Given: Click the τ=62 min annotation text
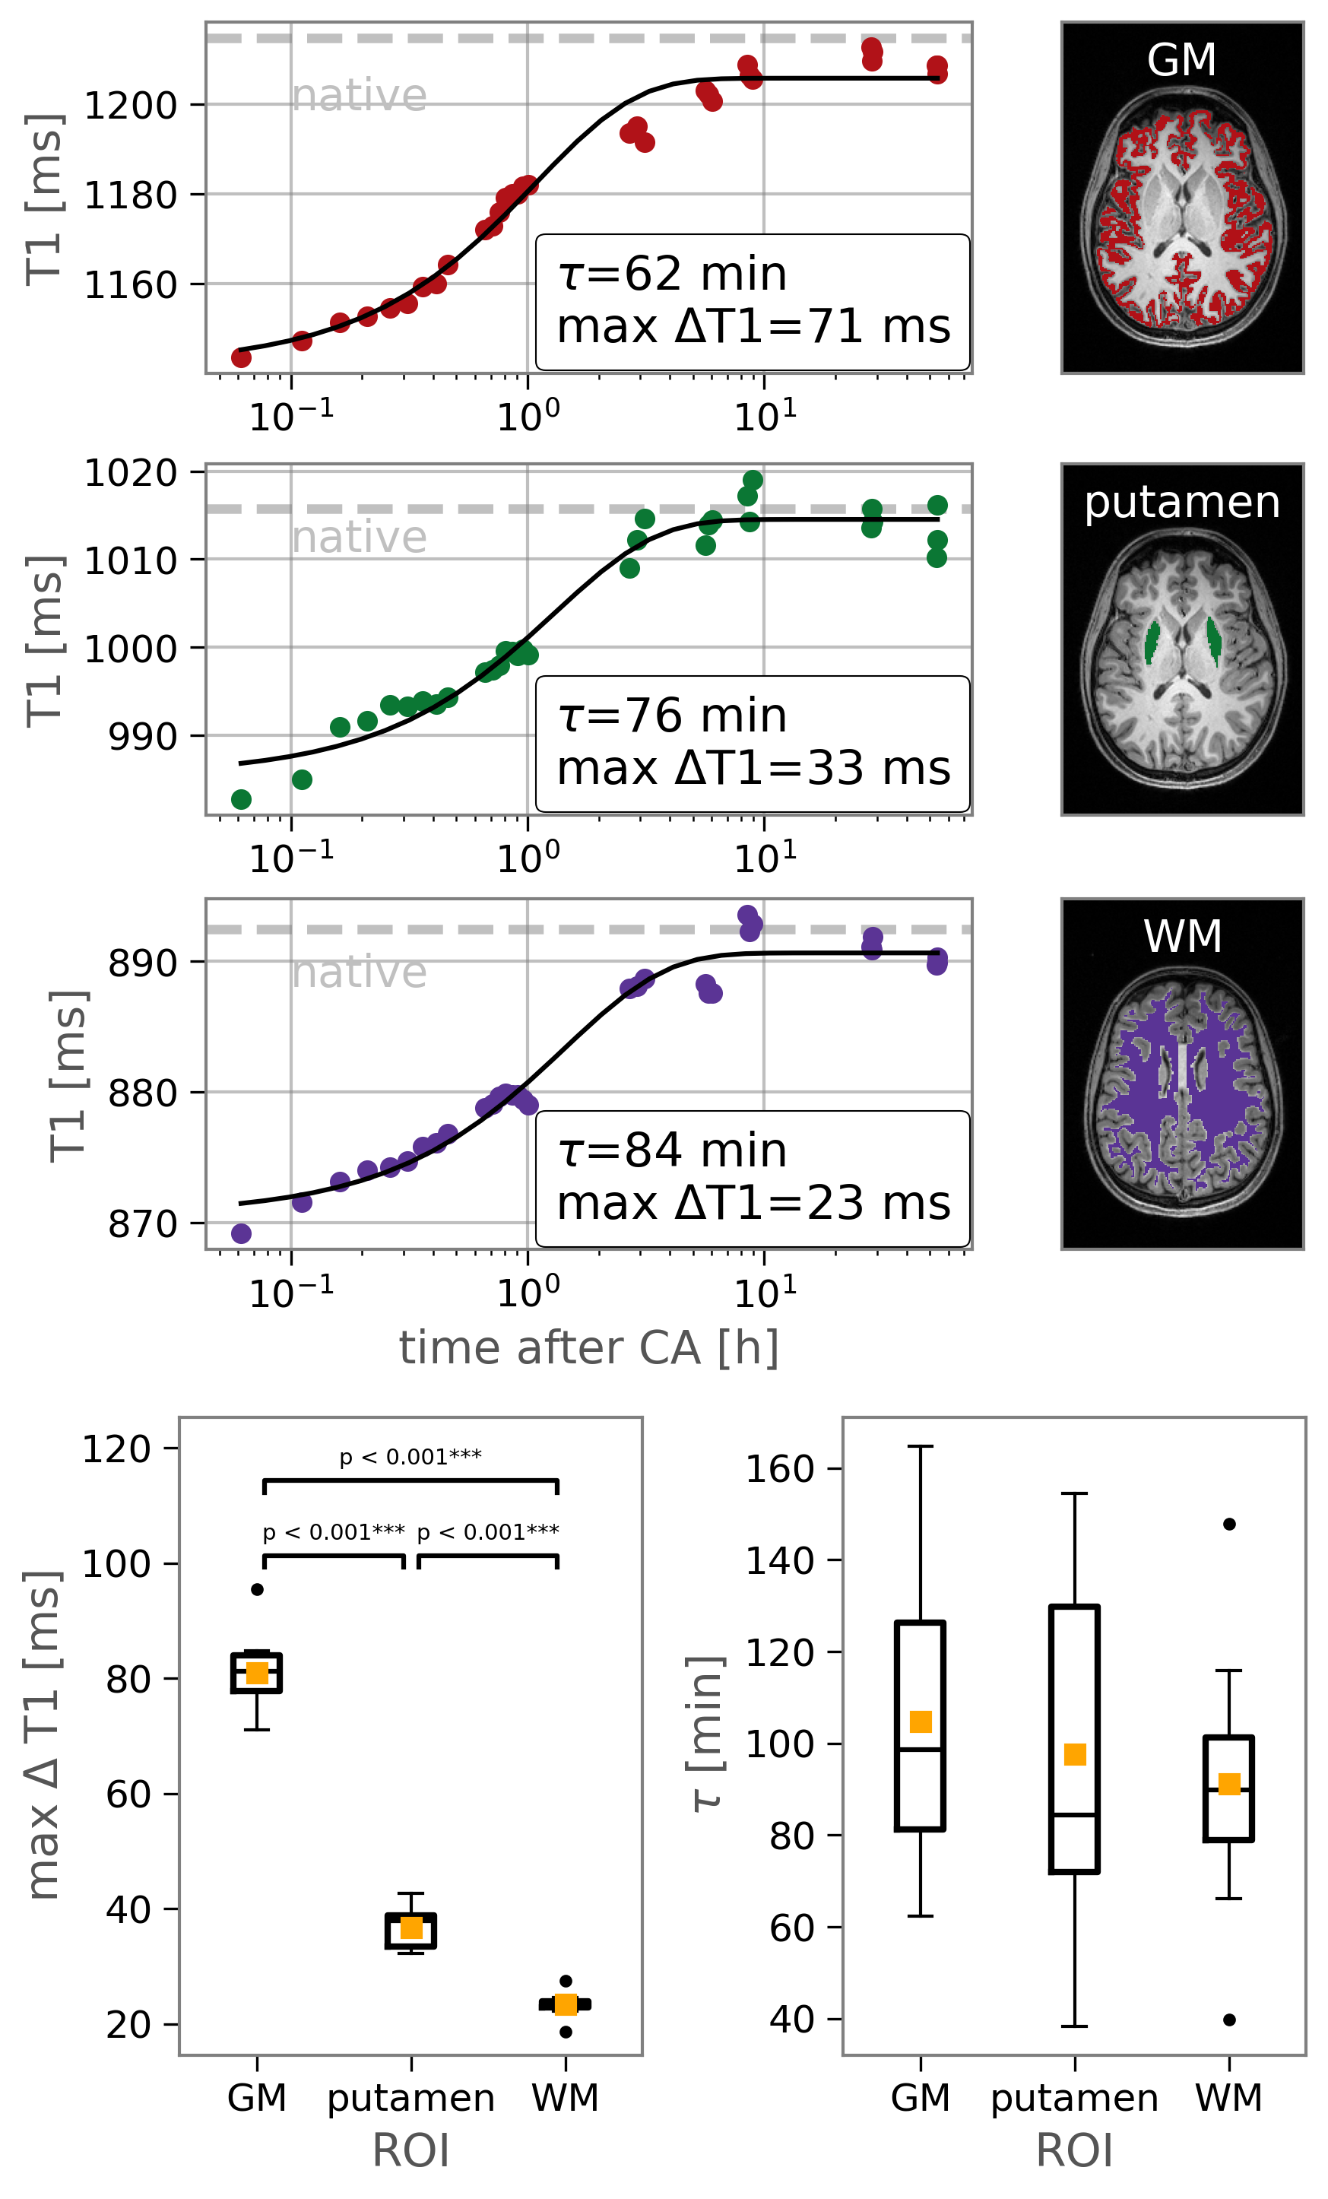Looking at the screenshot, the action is coord(672,274).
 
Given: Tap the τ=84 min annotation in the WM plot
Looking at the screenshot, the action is coord(672,1150).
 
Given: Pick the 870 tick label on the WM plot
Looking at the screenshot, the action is coord(143,1224).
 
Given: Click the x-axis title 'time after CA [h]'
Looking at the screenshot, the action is coord(589,1347).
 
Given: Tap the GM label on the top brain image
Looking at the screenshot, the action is coord(1181,61).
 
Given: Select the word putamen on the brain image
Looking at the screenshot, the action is coord(1181,503).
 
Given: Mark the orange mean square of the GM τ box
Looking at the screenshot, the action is coord(920,1721).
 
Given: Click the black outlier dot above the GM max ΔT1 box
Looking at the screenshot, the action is coord(257,1589).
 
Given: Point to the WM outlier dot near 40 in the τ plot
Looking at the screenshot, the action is coord(1229,2020).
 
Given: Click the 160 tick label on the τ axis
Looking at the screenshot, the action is coord(779,1469).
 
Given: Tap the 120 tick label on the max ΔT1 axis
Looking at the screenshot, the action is coord(116,1449).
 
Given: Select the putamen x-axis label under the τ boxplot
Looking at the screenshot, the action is coord(1075,2098).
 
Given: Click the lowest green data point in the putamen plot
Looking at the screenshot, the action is coord(241,798).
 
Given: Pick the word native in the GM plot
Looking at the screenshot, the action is coord(360,96).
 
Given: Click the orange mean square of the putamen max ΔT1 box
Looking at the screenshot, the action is coord(410,1928).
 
